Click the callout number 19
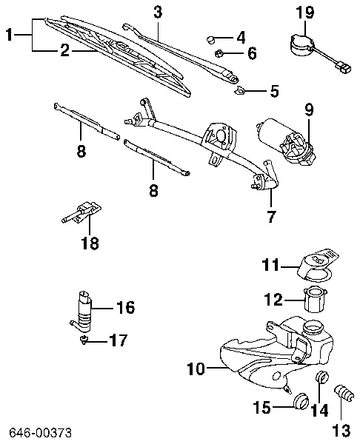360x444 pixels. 305,13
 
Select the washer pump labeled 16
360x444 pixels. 82,312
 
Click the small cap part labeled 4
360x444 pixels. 210,39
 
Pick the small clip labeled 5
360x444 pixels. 240,91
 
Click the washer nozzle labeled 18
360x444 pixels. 82,212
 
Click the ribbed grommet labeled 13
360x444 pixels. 343,393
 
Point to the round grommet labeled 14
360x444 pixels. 322,377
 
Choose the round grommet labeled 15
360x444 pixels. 301,401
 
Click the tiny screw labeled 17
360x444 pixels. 84,339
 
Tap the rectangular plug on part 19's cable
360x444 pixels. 344,68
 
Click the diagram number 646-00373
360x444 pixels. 40,433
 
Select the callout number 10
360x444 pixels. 196,369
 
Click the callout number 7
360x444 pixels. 271,217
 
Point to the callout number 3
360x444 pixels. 158,13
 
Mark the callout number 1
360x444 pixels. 10,35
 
